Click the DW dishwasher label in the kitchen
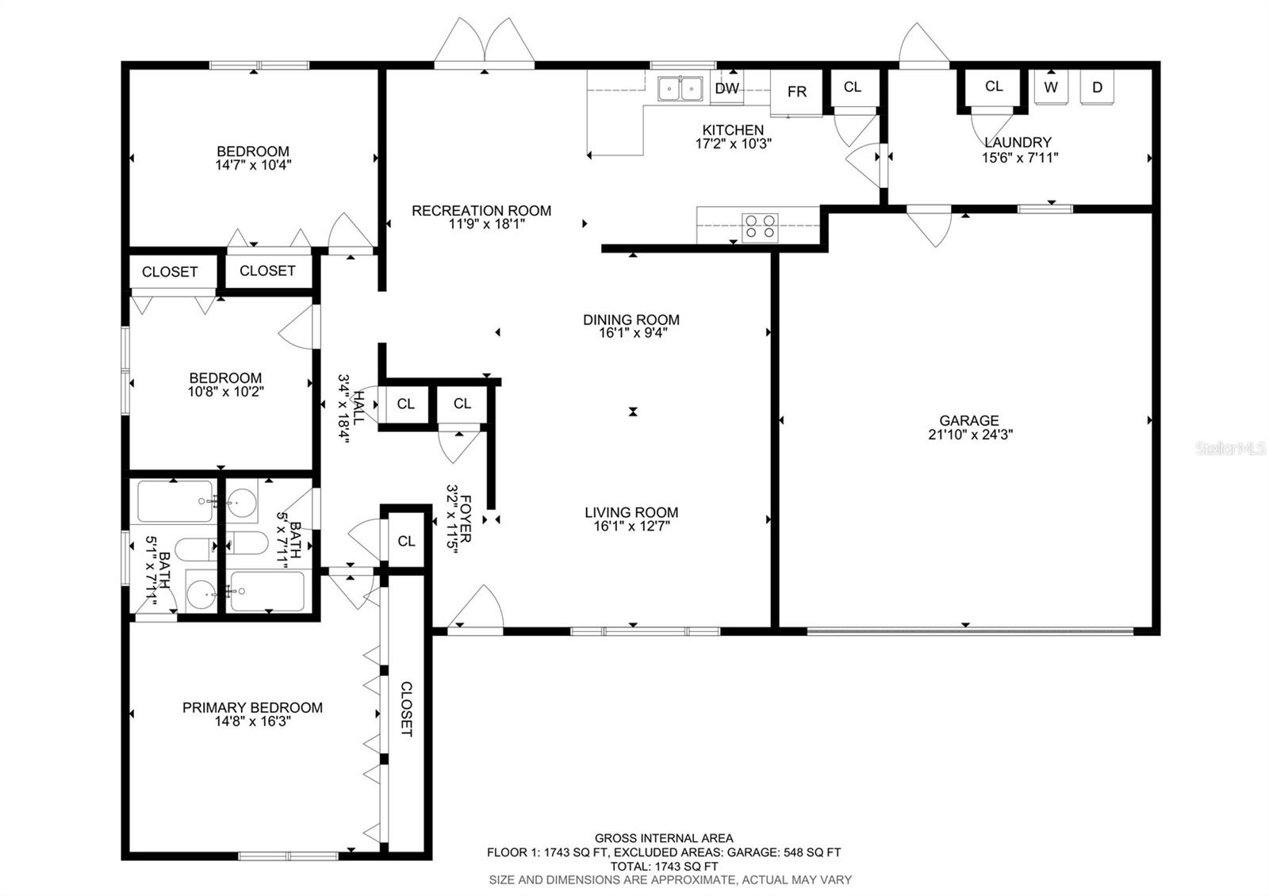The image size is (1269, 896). click(x=727, y=88)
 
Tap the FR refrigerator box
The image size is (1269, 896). click(x=796, y=92)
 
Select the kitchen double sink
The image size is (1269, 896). click(x=681, y=89)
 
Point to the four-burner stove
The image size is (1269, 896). click(x=760, y=226)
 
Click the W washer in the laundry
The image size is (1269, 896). click(x=1051, y=87)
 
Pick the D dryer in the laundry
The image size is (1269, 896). click(x=1098, y=87)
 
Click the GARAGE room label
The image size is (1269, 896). click(x=969, y=421)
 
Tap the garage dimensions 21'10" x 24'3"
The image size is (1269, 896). click(x=971, y=435)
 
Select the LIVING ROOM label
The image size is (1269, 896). click(x=631, y=512)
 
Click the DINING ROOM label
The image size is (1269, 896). click(x=631, y=320)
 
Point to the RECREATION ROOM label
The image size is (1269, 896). click(x=481, y=211)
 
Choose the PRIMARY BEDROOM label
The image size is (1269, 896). click(x=253, y=707)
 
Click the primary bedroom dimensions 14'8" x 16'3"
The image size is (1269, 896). click(x=253, y=722)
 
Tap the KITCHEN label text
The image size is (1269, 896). click(x=733, y=130)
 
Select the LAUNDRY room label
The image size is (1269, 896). click(x=1018, y=143)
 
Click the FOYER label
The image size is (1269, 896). click(x=466, y=519)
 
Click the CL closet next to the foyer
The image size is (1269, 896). click(x=406, y=542)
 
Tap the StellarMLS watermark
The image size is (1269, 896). click(x=1230, y=449)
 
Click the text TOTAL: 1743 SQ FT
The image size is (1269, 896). click(x=664, y=867)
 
